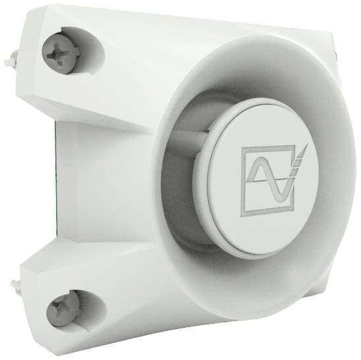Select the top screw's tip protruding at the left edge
pos(10,61)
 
